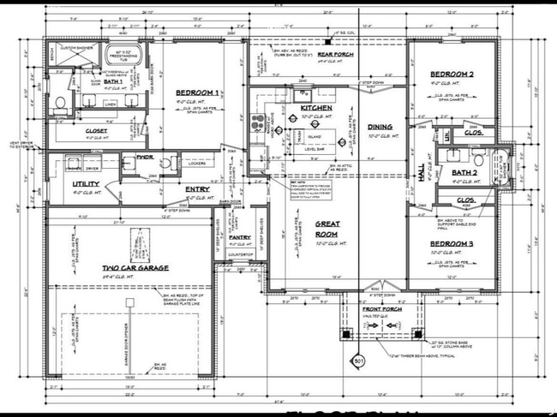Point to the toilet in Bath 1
(60, 104)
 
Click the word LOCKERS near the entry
(196, 162)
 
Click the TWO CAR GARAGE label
(135, 268)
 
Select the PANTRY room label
(240, 237)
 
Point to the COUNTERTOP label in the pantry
(240, 254)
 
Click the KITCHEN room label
(315, 108)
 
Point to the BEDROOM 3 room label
(451, 244)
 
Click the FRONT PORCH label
(380, 308)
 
